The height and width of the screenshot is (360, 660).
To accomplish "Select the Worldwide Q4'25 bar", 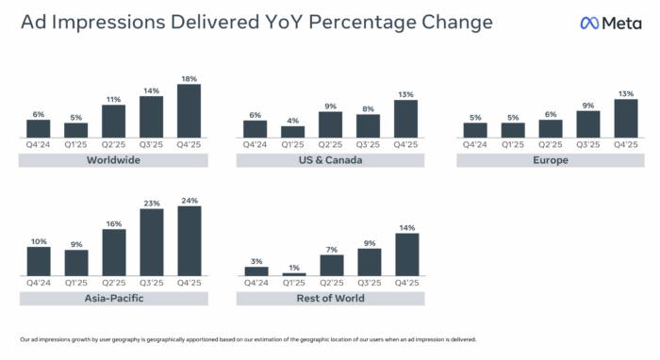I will coord(189,110).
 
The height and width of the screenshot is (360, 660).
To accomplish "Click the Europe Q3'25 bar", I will coord(587,123).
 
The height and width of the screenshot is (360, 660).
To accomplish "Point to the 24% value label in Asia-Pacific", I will coord(189,201).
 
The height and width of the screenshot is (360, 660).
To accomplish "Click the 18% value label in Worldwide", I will coord(189,79).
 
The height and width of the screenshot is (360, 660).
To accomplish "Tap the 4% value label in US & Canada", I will coord(292,120).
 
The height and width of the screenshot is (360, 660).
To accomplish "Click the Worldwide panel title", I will coord(113,160).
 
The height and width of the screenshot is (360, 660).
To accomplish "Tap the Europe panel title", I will coord(550,160).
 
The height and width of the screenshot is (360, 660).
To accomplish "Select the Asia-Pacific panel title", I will coord(113,299).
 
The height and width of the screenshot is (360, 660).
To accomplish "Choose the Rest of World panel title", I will coord(330,299).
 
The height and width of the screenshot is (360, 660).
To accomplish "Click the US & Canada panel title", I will coord(330,160).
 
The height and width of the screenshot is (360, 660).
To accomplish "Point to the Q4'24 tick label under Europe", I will coord(475,145).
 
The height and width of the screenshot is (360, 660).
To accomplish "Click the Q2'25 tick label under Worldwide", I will coord(114,145).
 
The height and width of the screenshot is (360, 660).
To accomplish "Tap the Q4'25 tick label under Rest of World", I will coord(405,283).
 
